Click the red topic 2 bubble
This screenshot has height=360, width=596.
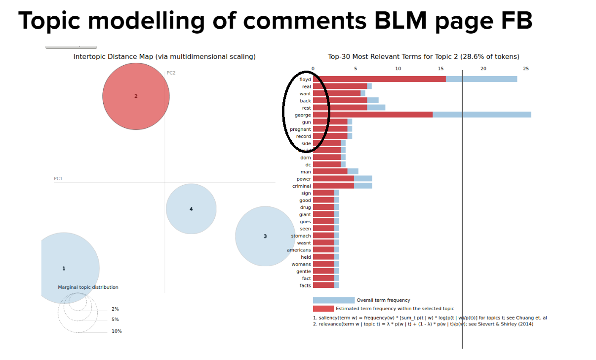point(136,96)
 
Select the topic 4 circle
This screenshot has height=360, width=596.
point(191,209)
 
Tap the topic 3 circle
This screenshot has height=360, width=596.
point(265,236)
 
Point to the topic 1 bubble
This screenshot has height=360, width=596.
point(64,268)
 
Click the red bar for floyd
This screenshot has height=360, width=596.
point(379,79)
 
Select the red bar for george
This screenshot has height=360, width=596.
point(372,115)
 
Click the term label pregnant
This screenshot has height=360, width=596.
point(300,129)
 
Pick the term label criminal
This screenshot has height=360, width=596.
point(301,186)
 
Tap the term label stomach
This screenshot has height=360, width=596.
point(301,236)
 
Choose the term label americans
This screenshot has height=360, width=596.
point(299,250)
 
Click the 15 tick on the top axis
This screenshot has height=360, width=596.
point(440,69)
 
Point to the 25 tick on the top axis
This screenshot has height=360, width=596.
point(526,69)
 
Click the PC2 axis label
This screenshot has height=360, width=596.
point(171,73)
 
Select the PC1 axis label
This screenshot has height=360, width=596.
point(58,178)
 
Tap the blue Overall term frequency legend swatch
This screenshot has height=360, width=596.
point(333,300)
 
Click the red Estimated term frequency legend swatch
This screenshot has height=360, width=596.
point(323,309)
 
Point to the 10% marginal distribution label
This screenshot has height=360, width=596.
point(117,331)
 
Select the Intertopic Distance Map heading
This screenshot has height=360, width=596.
point(164,57)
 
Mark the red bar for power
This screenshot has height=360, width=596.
point(333,179)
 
